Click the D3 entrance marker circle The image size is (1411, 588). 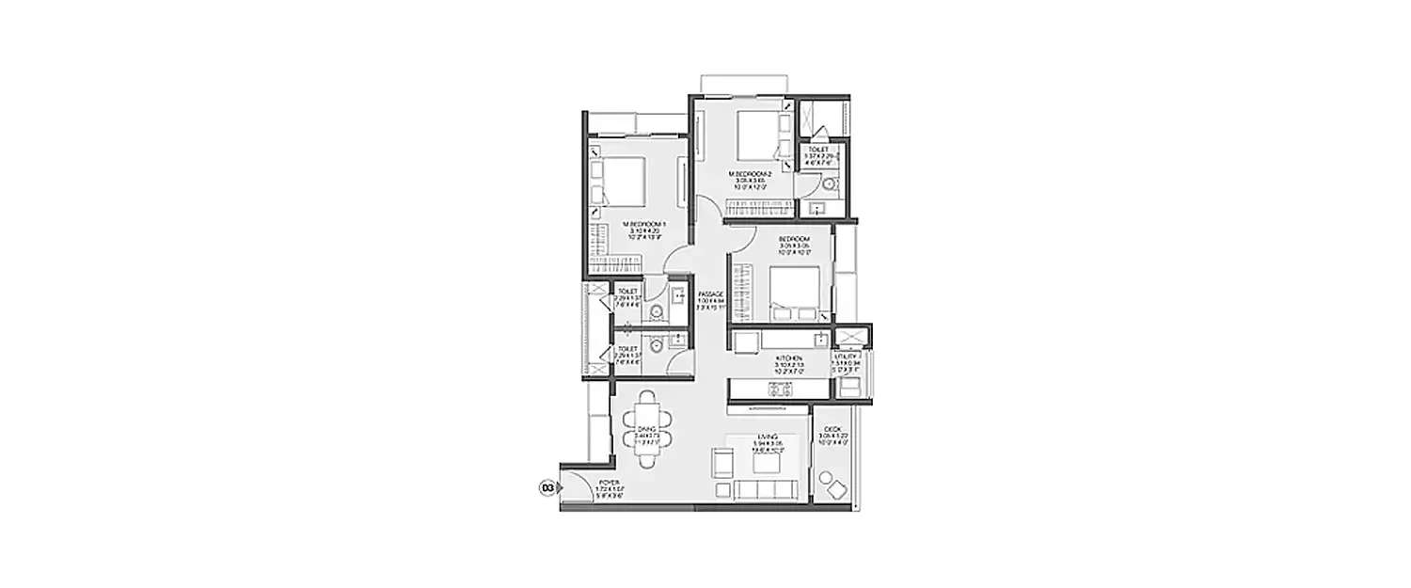click(x=546, y=487)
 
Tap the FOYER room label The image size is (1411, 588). click(x=609, y=484)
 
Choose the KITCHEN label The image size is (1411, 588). click(x=788, y=358)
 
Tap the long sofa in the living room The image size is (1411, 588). click(x=767, y=489)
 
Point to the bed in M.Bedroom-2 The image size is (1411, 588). click(x=756, y=136)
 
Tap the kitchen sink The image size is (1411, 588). click(x=822, y=339)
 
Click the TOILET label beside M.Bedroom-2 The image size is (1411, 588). click(x=818, y=149)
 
